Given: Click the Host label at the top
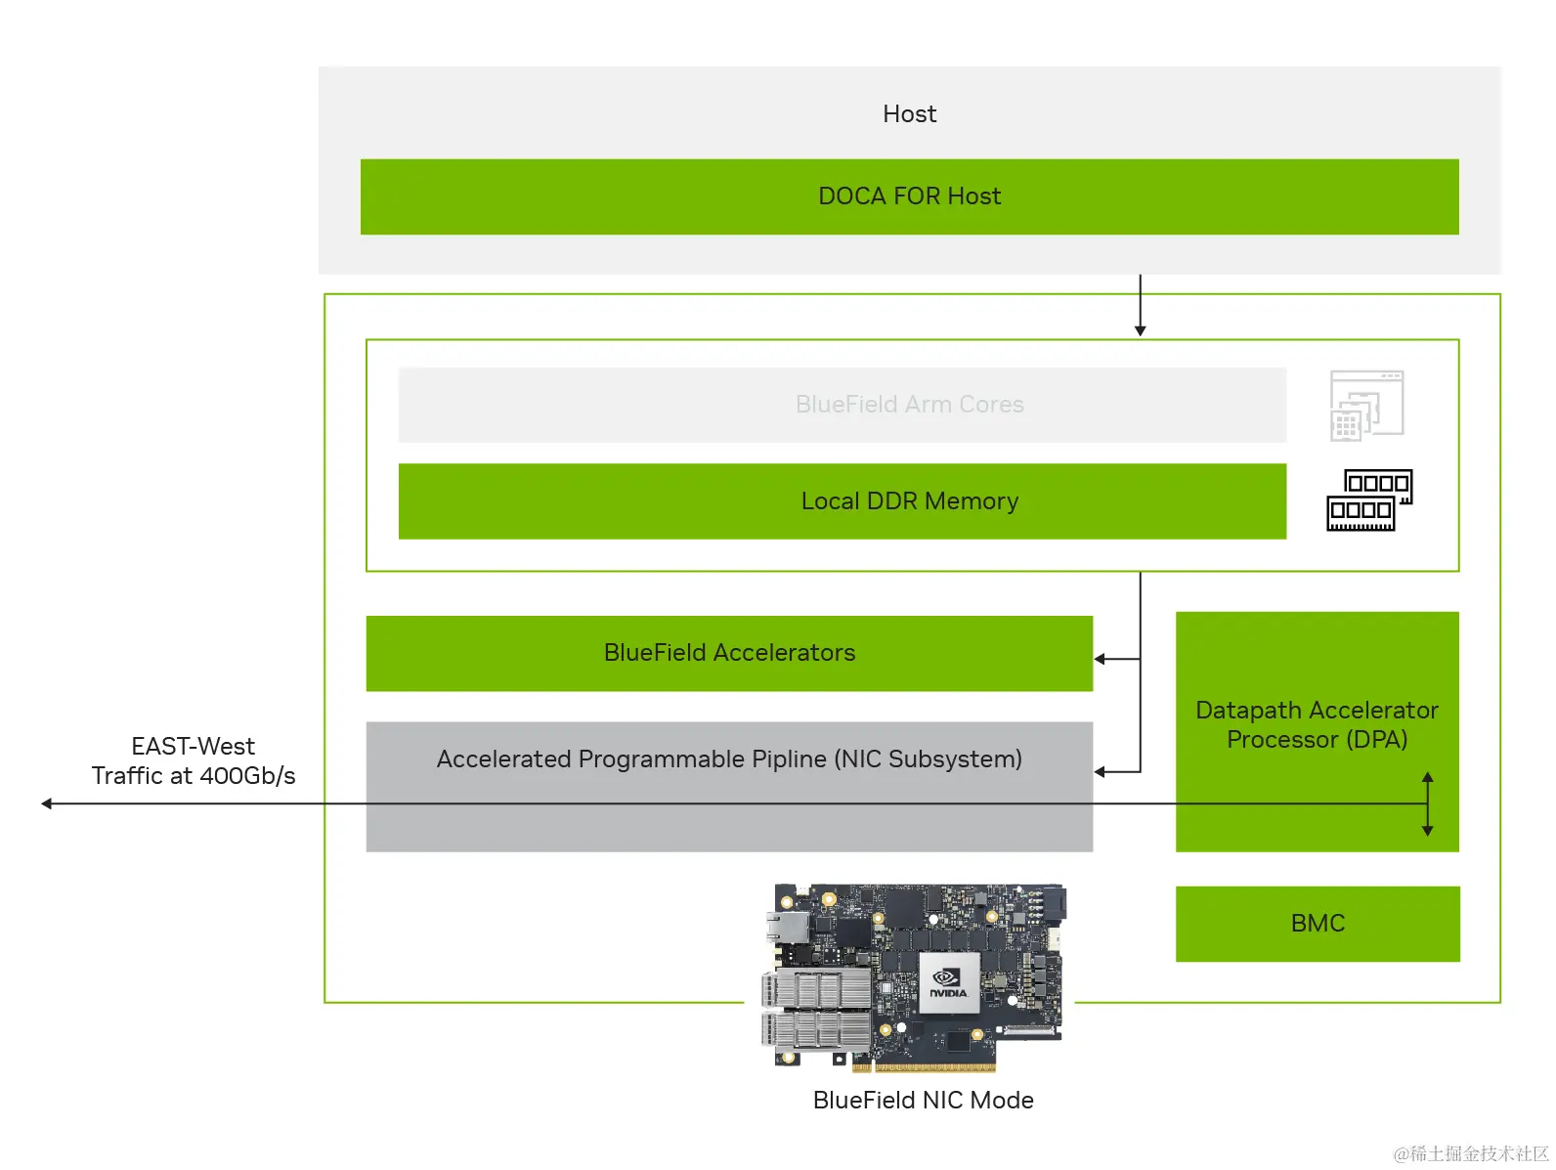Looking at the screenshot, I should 909,114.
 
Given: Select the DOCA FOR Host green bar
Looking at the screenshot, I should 909,196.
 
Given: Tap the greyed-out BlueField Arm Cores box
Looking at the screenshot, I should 842,405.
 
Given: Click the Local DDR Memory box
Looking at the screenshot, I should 842,501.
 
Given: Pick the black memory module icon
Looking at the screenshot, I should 1368,500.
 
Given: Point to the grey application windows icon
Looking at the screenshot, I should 1366,405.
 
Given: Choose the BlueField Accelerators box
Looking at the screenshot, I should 729,653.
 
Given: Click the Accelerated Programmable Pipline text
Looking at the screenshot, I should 729,759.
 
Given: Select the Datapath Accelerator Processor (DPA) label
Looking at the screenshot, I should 1317,724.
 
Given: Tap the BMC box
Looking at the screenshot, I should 1317,924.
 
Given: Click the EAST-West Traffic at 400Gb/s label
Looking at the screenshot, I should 194,761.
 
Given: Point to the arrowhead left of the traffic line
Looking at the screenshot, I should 47,803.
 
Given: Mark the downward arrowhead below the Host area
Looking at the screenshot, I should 1140,330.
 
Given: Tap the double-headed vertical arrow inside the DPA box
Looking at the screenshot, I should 1427,803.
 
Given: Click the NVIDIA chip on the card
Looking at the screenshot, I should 948,984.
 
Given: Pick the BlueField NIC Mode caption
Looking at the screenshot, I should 923,1101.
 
